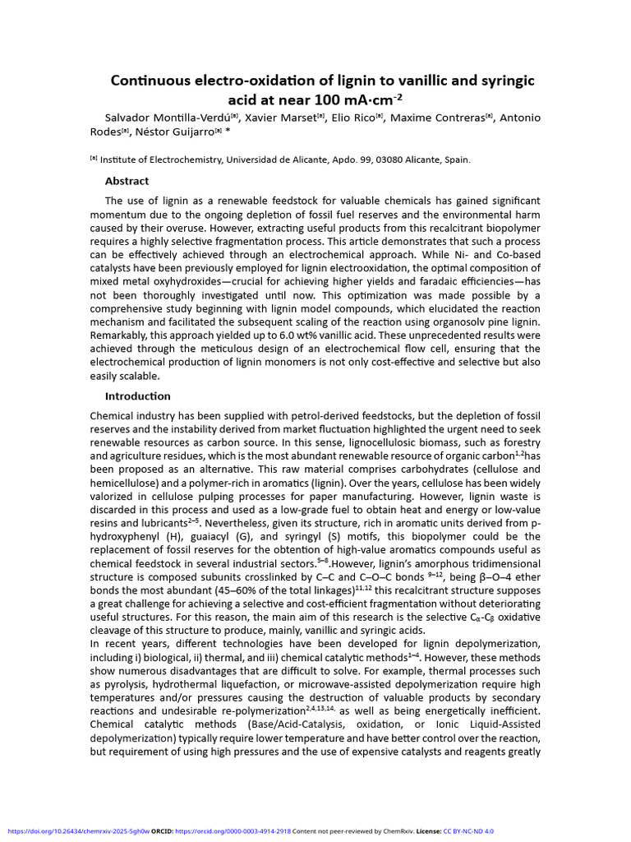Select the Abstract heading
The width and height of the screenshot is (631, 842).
pyautogui.click(x=127, y=181)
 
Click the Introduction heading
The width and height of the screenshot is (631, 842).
pyautogui.click(x=138, y=396)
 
